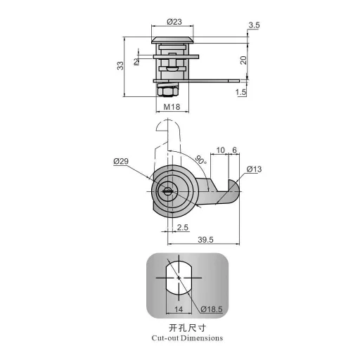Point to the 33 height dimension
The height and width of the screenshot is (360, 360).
120,65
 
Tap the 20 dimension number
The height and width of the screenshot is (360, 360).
243,61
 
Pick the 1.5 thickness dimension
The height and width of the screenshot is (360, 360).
241,92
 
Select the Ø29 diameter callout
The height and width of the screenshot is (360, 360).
120,162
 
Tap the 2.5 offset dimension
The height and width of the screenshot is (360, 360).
182,228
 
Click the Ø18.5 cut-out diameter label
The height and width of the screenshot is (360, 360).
212,309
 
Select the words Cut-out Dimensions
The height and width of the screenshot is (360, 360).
187,338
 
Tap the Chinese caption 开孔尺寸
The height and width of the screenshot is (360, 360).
186,328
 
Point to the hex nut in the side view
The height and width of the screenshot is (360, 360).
167,91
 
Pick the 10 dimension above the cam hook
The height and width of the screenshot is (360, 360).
221,150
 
